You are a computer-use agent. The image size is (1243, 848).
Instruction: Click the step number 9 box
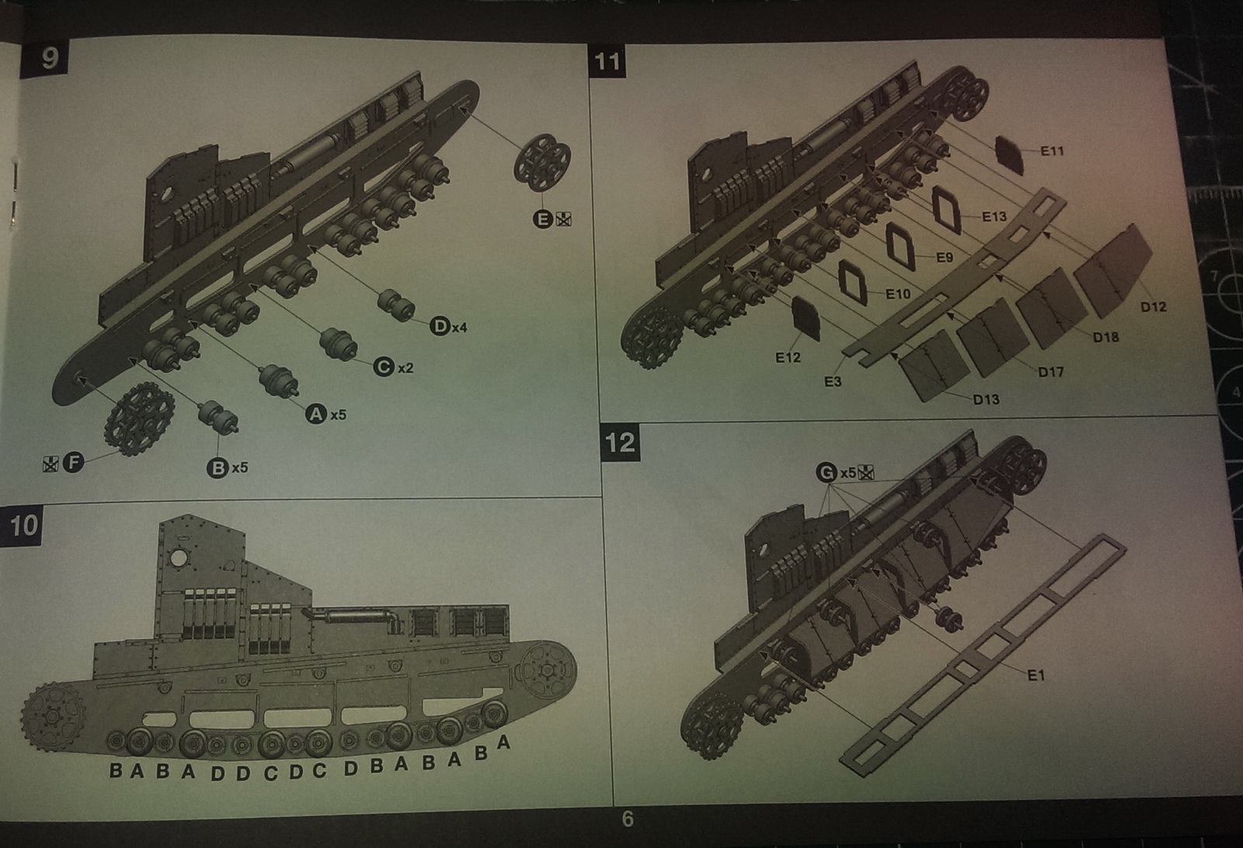(50, 57)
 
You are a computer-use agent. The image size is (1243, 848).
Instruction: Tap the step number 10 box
(23, 525)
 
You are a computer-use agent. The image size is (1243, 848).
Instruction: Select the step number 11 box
(607, 61)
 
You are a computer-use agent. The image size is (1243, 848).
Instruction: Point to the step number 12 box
(620, 443)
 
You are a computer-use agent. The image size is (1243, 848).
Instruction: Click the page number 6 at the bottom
(628, 818)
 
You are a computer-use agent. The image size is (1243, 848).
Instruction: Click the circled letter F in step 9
(73, 463)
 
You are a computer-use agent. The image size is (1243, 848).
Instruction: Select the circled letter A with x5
(315, 414)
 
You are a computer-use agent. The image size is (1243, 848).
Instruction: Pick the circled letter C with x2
(384, 367)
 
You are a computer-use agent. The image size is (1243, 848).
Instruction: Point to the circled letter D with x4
(440, 326)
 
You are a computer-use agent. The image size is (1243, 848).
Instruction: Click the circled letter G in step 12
(827, 472)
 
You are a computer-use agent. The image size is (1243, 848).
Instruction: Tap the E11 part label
(1052, 151)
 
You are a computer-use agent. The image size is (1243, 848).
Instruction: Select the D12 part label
(1153, 307)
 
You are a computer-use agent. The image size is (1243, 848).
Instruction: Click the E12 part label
(787, 357)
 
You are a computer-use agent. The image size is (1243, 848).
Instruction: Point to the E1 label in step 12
(1036, 675)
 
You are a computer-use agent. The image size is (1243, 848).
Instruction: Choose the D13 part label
(986, 399)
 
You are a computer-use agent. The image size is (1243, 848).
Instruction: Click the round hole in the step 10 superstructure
(179, 558)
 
